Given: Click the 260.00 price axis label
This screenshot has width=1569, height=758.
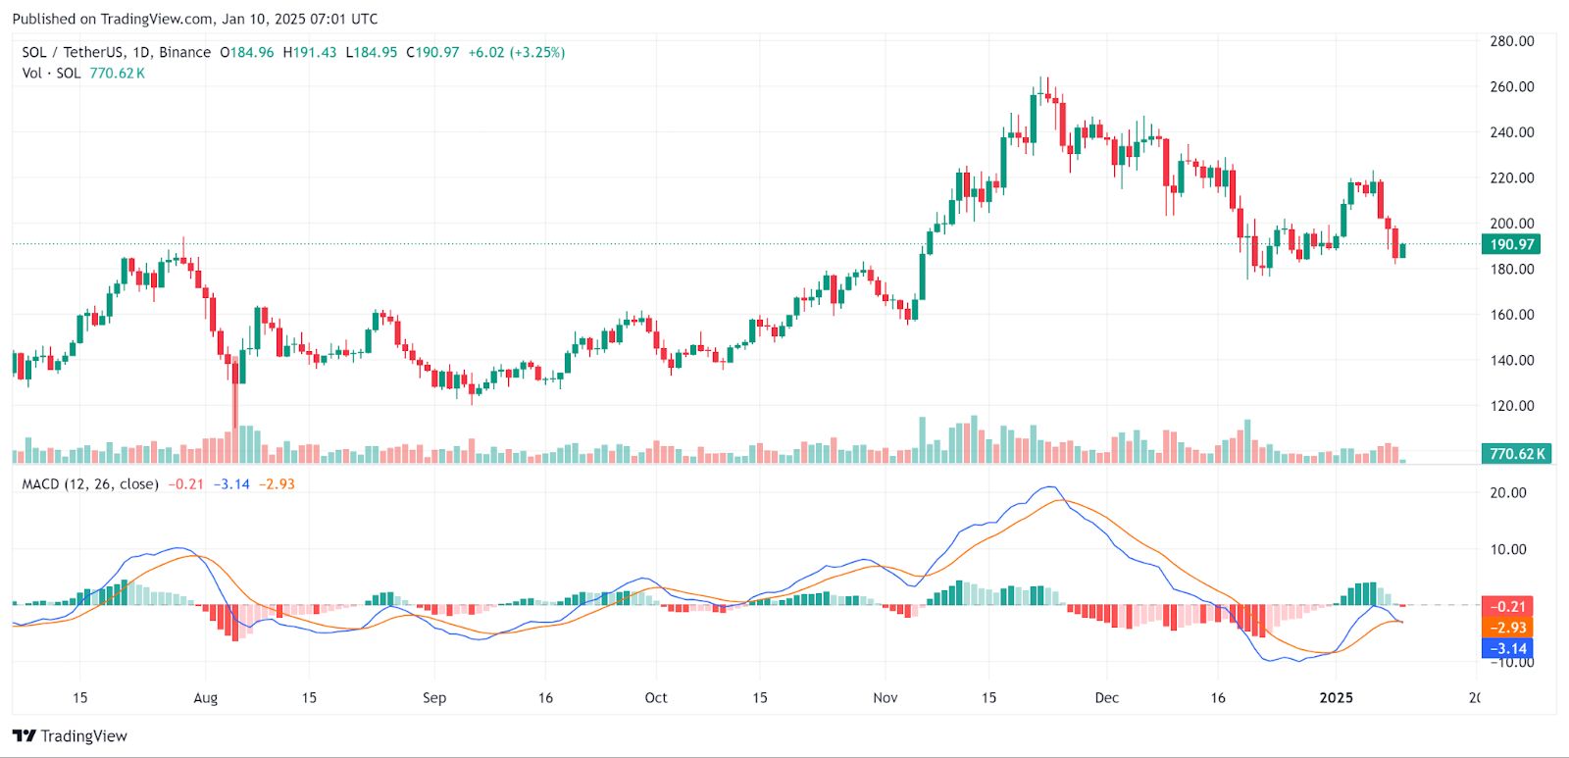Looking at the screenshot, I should [1511, 86].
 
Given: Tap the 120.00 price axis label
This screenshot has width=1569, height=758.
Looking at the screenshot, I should [1511, 405].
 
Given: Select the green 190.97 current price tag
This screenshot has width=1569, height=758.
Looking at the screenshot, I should [1510, 244].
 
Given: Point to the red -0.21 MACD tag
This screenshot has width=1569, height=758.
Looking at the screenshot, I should [1506, 606].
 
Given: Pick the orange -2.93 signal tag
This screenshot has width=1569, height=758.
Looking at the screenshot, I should [1506, 628].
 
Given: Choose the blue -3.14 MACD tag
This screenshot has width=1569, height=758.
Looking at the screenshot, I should [1506, 648].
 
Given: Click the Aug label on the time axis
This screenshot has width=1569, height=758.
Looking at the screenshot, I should [205, 698].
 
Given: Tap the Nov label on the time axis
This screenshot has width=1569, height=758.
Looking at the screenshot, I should [885, 698].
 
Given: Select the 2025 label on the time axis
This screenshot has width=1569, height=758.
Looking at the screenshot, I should [1336, 698].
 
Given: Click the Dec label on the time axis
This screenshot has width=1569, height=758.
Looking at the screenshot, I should [1106, 698].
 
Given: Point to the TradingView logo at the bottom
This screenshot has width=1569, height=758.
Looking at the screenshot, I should [70, 736].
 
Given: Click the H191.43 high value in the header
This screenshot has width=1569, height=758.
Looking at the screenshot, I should [309, 52].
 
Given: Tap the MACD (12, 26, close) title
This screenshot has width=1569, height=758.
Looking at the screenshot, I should [90, 484].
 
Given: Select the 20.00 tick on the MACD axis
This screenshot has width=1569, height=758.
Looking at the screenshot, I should [1508, 492].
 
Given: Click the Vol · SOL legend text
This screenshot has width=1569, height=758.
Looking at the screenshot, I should [51, 74].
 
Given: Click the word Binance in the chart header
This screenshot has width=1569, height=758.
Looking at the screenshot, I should [184, 52].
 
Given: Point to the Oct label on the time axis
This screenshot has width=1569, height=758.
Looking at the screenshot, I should [655, 698].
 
